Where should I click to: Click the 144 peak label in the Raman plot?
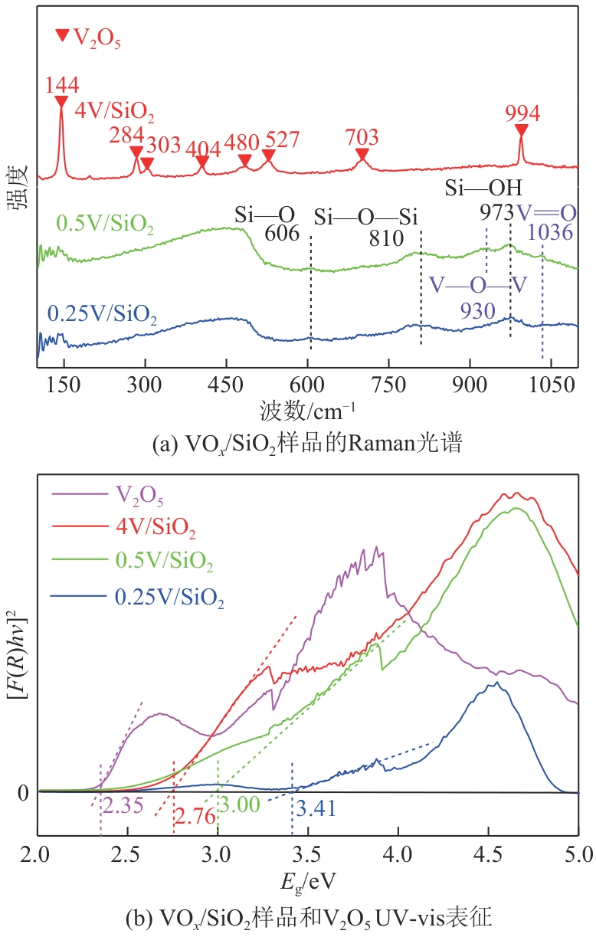tap(61, 85)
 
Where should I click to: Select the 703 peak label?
tap(362, 137)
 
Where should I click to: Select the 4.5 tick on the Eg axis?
tap(488, 853)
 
